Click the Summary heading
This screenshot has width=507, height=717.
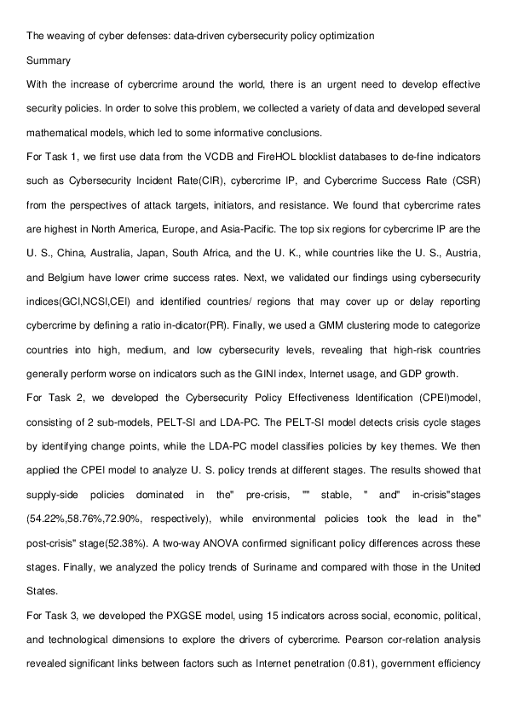tap(49, 61)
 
